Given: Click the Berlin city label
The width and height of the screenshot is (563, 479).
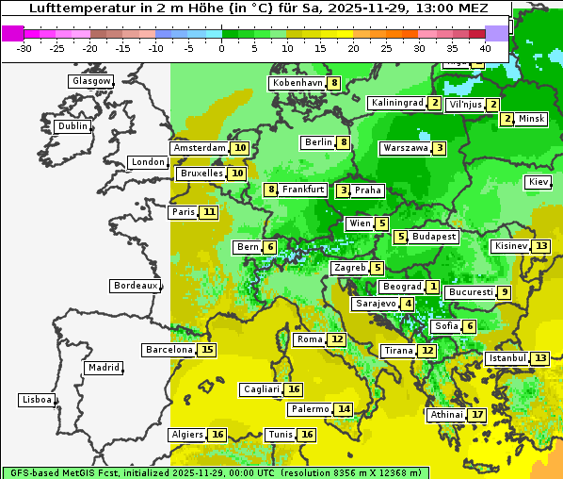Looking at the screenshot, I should point(318,142).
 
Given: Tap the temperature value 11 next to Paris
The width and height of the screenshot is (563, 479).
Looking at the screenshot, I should point(208,212).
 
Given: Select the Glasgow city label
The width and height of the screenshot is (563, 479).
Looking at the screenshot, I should point(90,81).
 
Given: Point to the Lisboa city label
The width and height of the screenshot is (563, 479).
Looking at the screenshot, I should point(36,400).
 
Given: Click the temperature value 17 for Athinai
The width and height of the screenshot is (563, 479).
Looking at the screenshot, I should point(477,415).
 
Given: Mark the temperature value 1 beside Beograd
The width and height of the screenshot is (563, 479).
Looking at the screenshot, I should point(432,287).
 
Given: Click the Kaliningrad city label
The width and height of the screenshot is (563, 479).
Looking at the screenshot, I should point(396,103).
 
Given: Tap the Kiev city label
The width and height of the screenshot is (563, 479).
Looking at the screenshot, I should point(539,182).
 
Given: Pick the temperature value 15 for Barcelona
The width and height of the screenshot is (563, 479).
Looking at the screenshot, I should point(207,350).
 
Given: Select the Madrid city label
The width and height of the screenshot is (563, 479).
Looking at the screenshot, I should point(103,368).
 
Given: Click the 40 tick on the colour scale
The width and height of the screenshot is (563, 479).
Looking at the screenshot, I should point(485,47).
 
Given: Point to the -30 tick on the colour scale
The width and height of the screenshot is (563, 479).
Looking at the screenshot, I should point(24,47).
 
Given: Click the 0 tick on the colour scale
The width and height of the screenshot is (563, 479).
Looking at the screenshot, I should point(222,47).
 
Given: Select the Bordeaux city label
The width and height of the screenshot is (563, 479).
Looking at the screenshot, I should point(135,286).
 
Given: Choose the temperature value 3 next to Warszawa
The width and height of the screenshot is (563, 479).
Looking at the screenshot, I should point(439,148).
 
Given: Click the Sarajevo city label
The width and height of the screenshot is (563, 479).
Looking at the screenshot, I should point(375,304).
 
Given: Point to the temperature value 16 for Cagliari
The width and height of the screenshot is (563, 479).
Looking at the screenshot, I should point(294,389).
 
